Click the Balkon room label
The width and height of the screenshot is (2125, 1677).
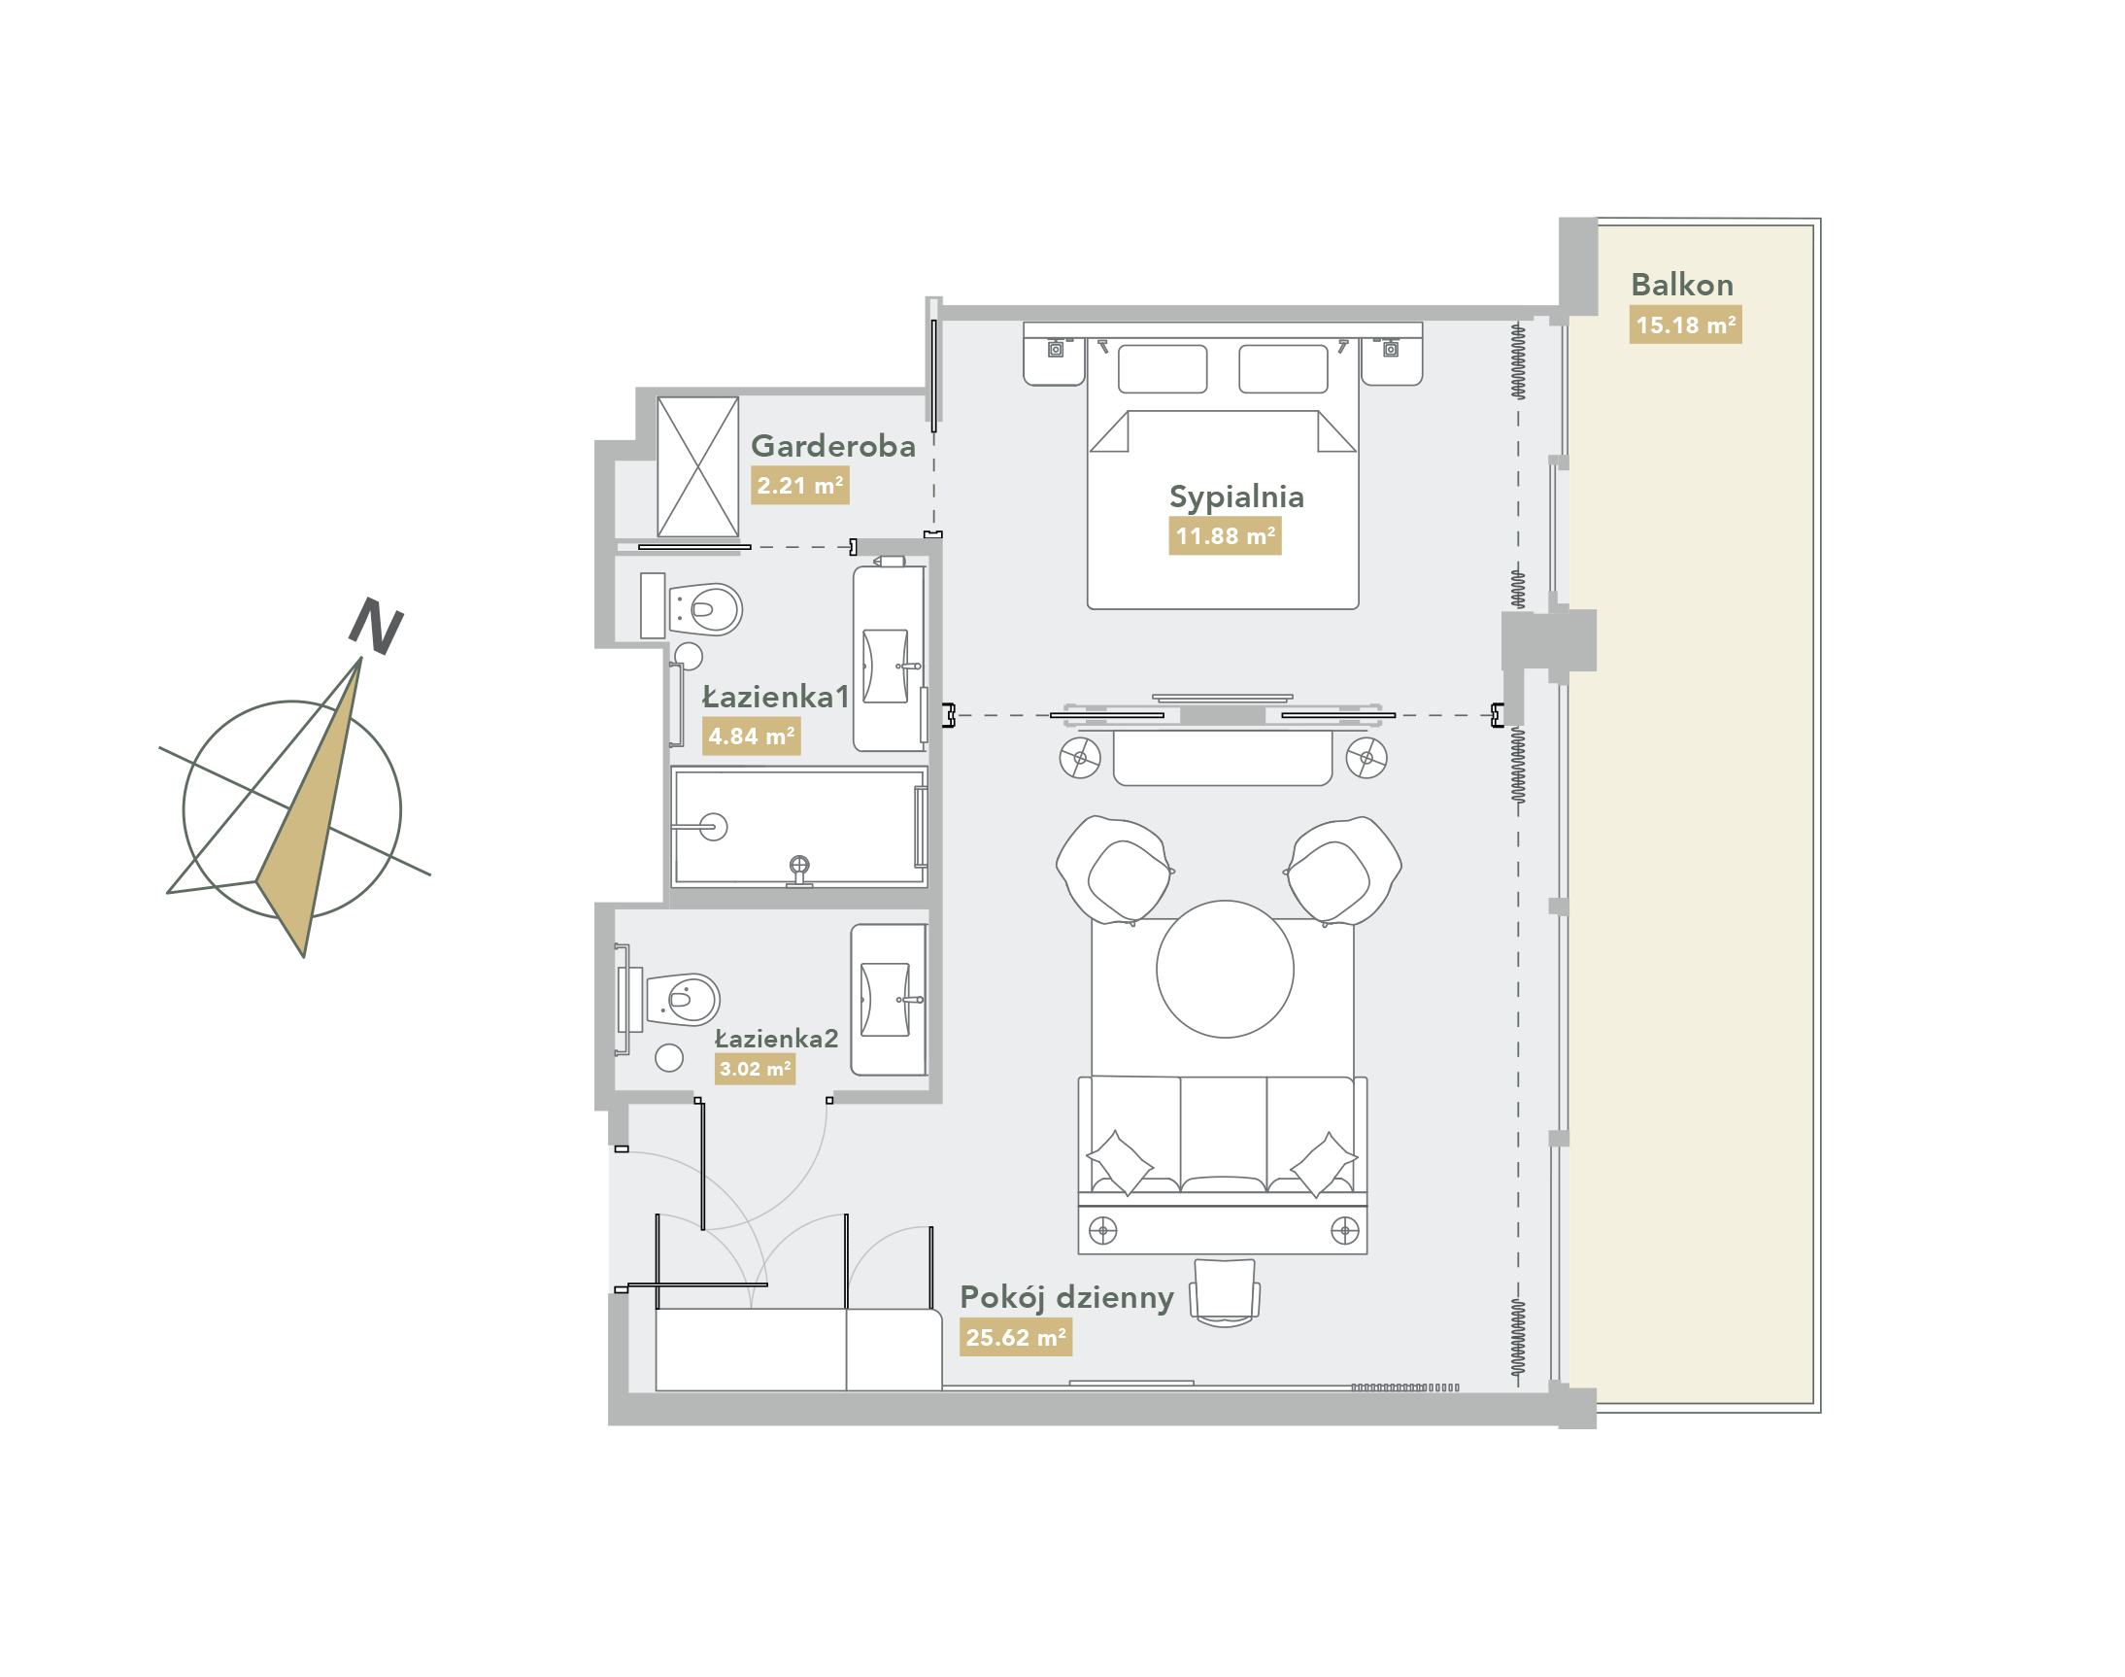pos(1681,285)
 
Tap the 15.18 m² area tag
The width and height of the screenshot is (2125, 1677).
pos(1685,325)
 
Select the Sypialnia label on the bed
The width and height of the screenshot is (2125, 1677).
pos(1235,496)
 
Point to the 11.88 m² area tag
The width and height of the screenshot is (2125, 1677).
pos(1225,536)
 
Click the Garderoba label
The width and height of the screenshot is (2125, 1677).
pos(832,446)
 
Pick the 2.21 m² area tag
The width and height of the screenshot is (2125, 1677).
pos(800,485)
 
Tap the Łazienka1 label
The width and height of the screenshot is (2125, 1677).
pos(775,697)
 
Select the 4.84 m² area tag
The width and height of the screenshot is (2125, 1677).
pos(751,736)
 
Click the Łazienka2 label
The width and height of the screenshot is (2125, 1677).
pos(775,1039)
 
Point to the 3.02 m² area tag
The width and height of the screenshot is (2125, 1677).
pos(755,1069)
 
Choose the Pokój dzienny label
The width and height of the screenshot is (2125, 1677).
pos(1066,1299)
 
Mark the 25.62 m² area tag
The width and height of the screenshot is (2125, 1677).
pos(1016,1337)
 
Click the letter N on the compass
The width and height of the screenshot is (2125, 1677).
pos(377,626)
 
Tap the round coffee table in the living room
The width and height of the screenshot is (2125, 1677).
pos(1224,969)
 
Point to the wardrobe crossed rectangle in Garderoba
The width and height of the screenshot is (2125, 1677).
pos(698,466)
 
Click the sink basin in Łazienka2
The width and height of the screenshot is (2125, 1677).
pos(885,1000)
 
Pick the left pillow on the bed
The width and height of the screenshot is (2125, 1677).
pos(1163,369)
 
